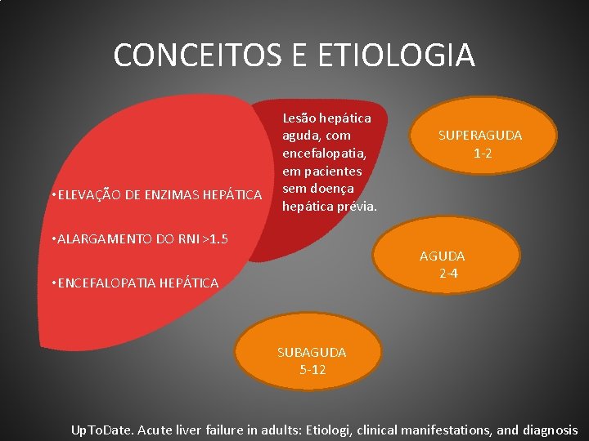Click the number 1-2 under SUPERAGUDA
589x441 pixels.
tap(482, 153)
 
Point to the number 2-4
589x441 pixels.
tap(448, 274)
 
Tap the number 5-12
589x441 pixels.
tap(312, 368)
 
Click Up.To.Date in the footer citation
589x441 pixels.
tap(104, 430)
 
